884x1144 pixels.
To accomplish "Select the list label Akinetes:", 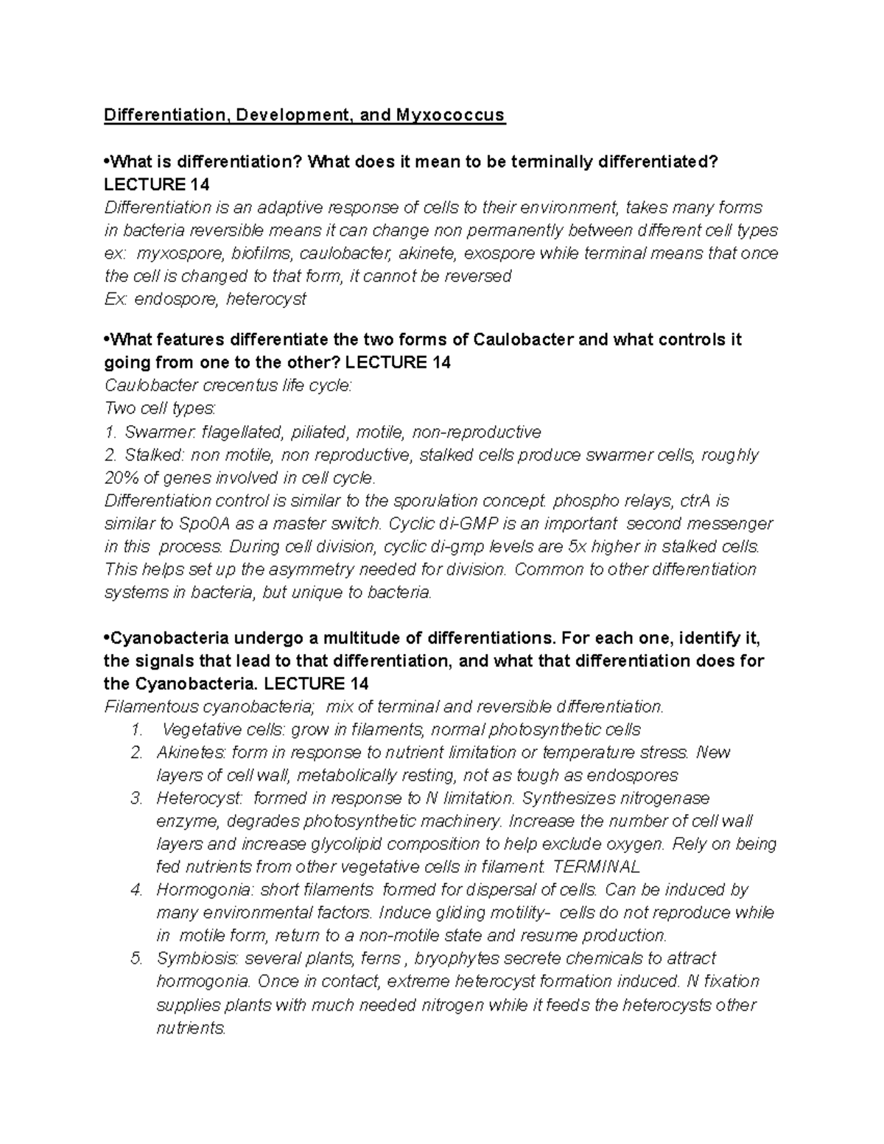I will [x=191, y=753].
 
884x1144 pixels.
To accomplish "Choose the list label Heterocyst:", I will [x=200, y=799].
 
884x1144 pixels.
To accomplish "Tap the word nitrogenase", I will [x=663, y=799].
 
